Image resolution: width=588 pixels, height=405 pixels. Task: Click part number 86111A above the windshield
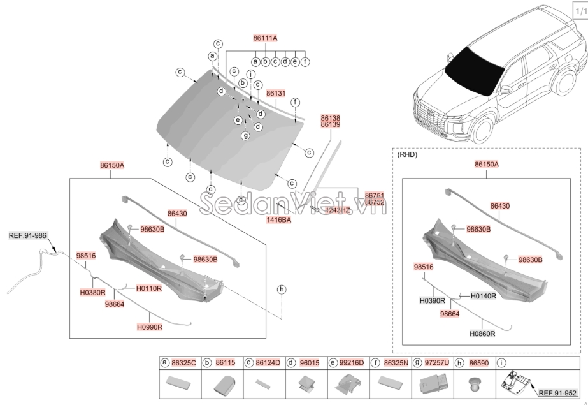(265, 38)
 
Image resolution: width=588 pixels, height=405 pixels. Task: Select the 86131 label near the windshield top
(275, 93)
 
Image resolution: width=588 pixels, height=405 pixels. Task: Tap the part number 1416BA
(278, 219)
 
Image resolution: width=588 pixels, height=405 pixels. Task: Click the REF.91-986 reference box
(28, 235)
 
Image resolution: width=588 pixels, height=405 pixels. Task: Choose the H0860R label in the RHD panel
(482, 334)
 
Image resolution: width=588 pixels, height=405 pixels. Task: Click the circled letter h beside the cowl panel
(281, 290)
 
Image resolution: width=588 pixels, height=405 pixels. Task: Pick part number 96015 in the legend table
(310, 362)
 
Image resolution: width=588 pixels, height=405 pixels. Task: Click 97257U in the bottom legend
(436, 362)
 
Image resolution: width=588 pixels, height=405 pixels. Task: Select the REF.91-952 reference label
(557, 393)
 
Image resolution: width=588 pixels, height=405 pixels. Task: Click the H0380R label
(92, 292)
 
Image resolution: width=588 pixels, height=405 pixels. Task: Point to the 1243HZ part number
(338, 210)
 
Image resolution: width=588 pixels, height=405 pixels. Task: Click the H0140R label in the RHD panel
(483, 297)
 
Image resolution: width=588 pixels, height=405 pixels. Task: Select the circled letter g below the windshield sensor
(245, 135)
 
